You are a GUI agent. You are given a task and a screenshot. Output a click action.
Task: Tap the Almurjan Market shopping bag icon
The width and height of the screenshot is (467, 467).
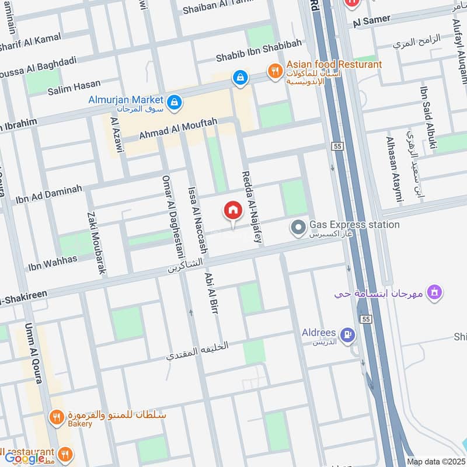tap(173, 103)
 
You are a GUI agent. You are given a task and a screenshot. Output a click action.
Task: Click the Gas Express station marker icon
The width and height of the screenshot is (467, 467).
tap(299, 226)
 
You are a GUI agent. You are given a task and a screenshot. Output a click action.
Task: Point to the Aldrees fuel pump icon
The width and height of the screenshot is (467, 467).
tap(348, 334)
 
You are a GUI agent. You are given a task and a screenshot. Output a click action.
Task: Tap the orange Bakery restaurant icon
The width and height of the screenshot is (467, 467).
tap(57, 417)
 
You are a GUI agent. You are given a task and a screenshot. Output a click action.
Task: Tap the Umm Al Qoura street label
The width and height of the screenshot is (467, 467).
tap(33, 353)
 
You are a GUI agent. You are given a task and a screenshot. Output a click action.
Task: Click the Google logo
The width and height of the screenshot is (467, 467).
tap(25, 458)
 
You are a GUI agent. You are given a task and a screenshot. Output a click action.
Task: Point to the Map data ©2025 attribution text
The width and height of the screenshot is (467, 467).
tap(435, 462)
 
